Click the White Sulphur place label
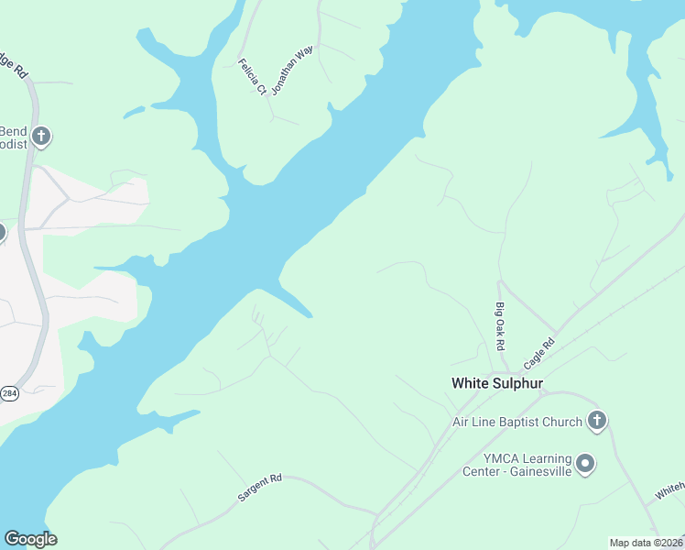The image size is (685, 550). pos(497,382)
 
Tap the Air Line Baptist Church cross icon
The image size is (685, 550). pos(597,421)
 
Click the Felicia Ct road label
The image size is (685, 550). pos(252,77)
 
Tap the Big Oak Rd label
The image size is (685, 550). pos(500,325)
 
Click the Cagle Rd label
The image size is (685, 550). pos(539,354)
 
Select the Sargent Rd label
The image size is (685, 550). pos(260,488)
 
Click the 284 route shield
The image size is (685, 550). pos(9,393)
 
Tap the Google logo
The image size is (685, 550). pos(30,538)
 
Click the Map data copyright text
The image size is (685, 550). pos(646,543)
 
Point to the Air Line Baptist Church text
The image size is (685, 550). pos(517,423)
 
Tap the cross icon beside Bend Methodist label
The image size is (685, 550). pos(40,137)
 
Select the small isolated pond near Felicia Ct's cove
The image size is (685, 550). pos(134,113)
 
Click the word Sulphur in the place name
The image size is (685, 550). pos(518,382)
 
